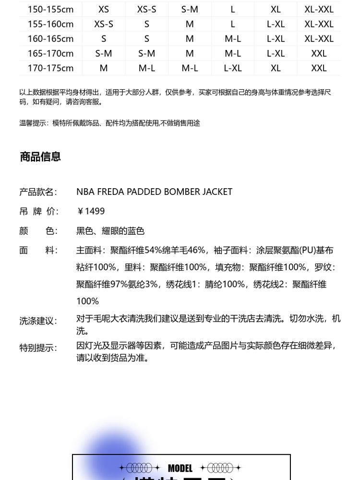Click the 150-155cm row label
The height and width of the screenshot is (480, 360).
(50, 9)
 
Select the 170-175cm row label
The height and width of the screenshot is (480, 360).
(50, 68)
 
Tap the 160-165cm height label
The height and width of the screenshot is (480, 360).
(50, 38)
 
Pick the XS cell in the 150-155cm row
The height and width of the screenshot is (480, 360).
(104, 9)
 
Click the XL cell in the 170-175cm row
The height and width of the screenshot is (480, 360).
(276, 68)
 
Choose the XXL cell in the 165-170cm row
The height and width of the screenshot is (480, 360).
(319, 53)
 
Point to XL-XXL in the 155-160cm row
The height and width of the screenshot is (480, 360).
(319, 24)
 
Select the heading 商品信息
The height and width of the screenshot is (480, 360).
(40, 156)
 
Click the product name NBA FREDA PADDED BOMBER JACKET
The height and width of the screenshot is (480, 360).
(154, 192)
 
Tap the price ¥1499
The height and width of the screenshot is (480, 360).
(91, 211)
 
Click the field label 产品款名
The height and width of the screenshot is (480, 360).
(38, 192)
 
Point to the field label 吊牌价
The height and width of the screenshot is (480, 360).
(38, 212)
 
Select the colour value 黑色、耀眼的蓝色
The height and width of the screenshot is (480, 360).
(110, 231)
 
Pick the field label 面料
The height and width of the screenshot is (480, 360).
(38, 251)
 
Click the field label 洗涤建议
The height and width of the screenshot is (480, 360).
(38, 321)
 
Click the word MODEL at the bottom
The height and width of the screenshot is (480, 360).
(180, 468)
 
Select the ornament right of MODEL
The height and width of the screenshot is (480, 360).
(221, 468)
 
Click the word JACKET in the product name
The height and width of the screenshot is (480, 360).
(217, 192)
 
